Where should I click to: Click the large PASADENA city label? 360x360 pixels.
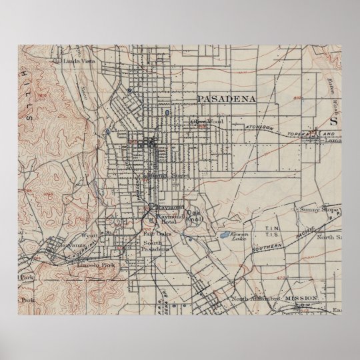pyautogui.click(x=226, y=97)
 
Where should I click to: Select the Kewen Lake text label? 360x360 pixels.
pyautogui.click(x=238, y=237)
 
